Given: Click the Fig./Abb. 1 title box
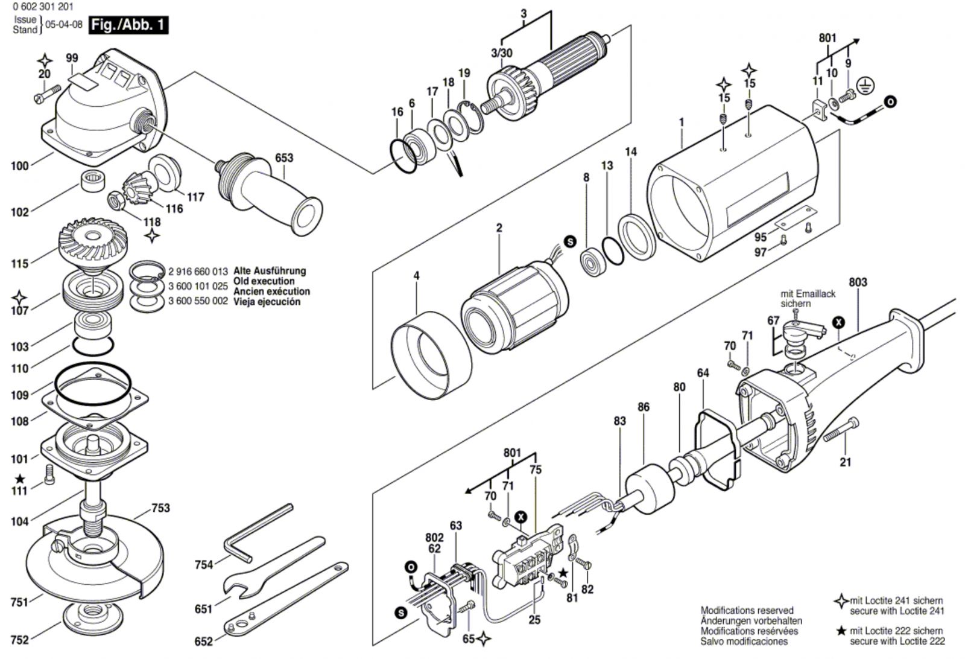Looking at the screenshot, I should tap(127, 25).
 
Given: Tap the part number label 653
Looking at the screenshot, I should tap(284, 158).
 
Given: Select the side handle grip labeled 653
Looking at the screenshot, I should tap(283, 199).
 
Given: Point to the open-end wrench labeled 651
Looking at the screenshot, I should tap(271, 567).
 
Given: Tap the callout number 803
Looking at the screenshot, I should tap(858, 282).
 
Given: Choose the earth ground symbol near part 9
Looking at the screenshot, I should tap(866, 86).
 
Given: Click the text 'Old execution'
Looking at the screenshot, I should tap(264, 281).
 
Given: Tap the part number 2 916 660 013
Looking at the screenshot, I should tap(198, 271).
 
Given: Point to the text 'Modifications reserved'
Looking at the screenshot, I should tap(747, 610).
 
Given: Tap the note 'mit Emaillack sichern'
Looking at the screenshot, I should tap(808, 299).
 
